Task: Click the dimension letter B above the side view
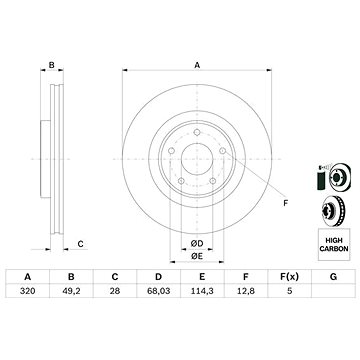(51, 65)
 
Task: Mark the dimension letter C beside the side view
(80, 243)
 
